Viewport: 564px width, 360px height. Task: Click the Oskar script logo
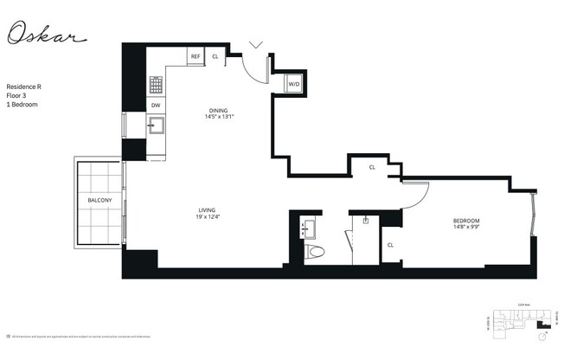[x=47, y=35]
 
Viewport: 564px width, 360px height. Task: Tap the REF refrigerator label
[x=195, y=56]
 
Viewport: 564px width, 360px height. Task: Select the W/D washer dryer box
[x=293, y=84]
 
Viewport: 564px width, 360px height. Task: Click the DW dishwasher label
[x=156, y=105]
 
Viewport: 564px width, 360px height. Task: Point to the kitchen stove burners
[x=156, y=84]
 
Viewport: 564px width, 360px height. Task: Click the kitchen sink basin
[x=157, y=127]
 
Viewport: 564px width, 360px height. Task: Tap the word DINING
[x=218, y=110]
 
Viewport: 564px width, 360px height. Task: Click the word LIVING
[x=207, y=209]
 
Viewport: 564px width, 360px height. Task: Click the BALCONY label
[x=99, y=201]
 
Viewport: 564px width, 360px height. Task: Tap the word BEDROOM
[x=466, y=221]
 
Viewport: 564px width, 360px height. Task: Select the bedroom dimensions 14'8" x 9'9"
[x=466, y=228]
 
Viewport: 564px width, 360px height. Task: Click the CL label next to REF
[x=215, y=56]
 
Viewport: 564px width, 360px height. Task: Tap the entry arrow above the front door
[x=256, y=43]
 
